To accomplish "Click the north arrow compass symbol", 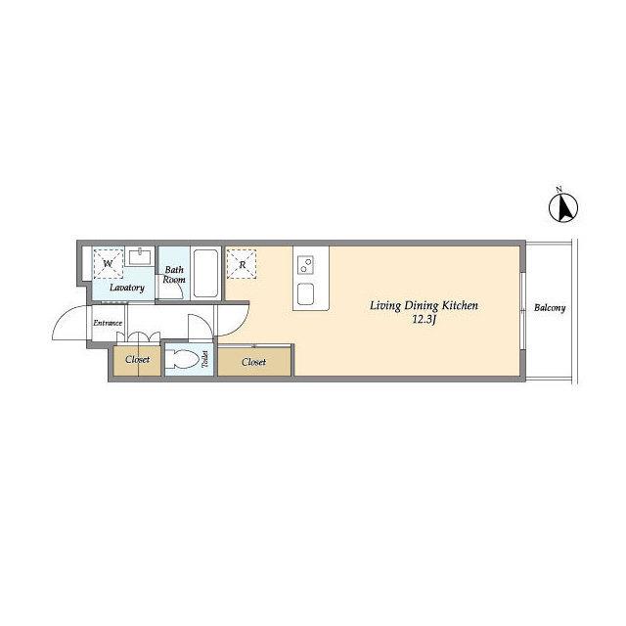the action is (563, 207).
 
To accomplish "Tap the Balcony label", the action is (550, 308).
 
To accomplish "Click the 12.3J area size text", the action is (424, 320).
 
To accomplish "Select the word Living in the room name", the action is (385, 306).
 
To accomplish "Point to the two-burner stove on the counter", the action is (305, 265).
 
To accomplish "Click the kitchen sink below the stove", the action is (306, 293).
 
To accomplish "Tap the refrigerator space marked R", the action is (242, 264).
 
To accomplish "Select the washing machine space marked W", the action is (108, 264).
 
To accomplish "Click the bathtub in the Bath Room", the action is (205, 274).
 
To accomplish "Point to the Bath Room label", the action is (174, 275).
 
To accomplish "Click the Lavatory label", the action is (127, 288).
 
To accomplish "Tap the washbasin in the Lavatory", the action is (140, 256).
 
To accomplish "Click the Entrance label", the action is (108, 323).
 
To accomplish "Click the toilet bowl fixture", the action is (182, 359).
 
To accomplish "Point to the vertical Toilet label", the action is (205, 359).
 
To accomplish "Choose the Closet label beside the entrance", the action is (137, 360).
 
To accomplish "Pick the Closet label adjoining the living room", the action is (254, 362).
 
